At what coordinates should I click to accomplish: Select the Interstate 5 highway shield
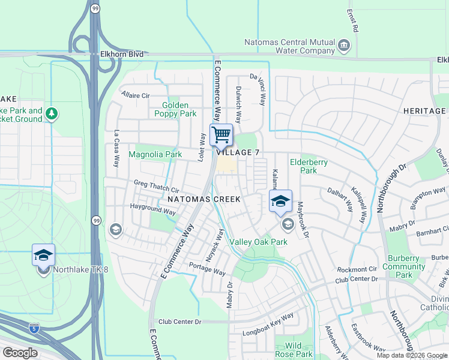(x=34, y=329)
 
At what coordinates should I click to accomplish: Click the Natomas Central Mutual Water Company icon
(x=344, y=46)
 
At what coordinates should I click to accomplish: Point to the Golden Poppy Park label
(x=175, y=109)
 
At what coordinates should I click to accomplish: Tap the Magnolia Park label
(x=155, y=154)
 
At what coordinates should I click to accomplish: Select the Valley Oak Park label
(x=259, y=242)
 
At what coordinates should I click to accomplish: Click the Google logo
(x=20, y=353)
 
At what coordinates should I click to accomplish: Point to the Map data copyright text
(x=412, y=355)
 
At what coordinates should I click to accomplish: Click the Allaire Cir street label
(x=135, y=95)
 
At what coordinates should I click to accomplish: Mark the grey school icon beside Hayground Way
(x=115, y=229)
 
